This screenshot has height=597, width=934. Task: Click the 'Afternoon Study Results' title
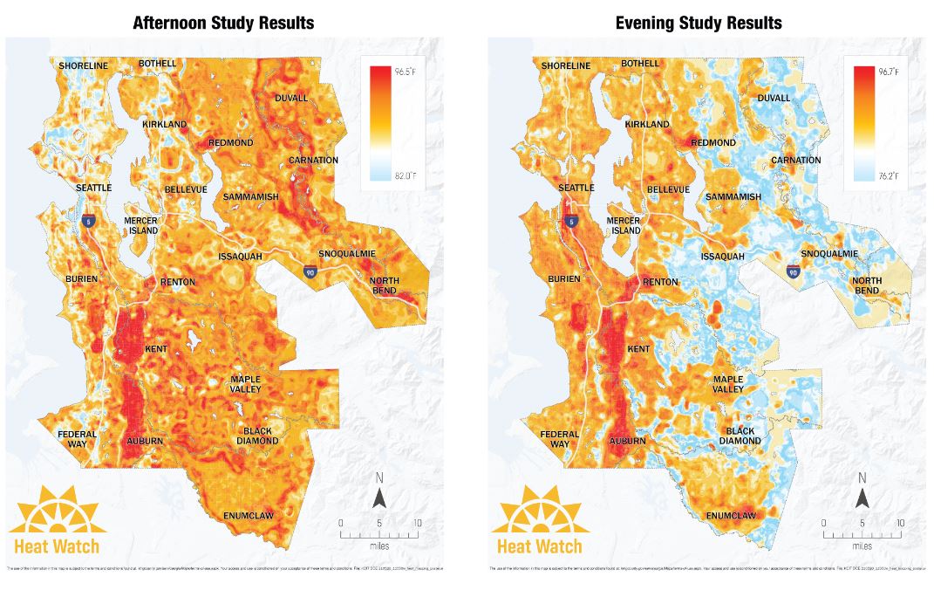coord(223,22)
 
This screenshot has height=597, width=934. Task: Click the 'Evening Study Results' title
coord(699,22)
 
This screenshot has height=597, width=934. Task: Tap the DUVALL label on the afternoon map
coord(291,98)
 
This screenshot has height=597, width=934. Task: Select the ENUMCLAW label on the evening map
coord(731,516)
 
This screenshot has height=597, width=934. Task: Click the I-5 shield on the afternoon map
coord(88,223)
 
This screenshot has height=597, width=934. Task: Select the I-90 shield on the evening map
coord(792,271)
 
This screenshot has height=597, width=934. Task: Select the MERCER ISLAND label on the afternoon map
coord(141,225)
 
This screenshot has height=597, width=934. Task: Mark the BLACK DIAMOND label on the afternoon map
coord(257,436)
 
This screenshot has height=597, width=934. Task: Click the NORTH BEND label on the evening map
coord(867,285)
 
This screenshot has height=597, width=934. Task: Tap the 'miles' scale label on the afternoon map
coord(379,545)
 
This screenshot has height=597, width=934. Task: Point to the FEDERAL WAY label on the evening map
coord(560,439)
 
